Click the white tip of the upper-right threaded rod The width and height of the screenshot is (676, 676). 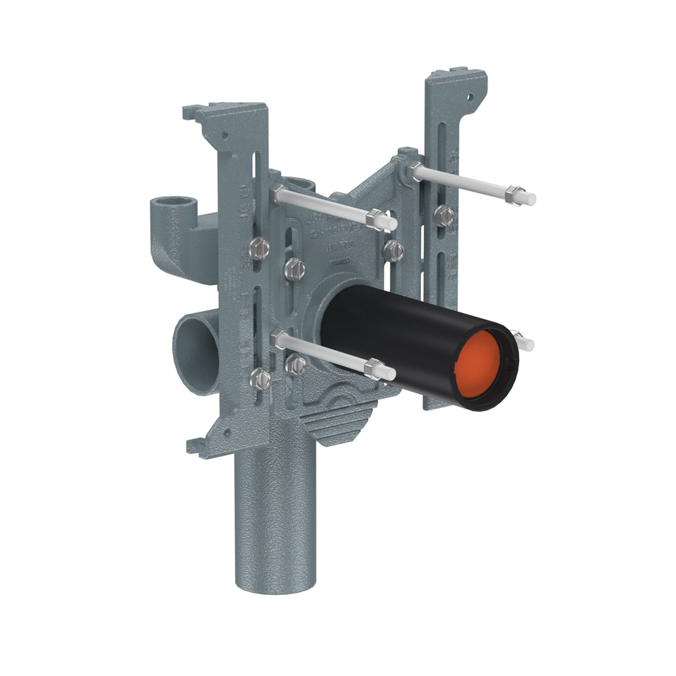tap(531, 199)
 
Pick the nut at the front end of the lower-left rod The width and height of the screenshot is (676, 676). tap(372, 368)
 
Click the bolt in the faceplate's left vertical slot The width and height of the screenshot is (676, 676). tap(295, 268)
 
